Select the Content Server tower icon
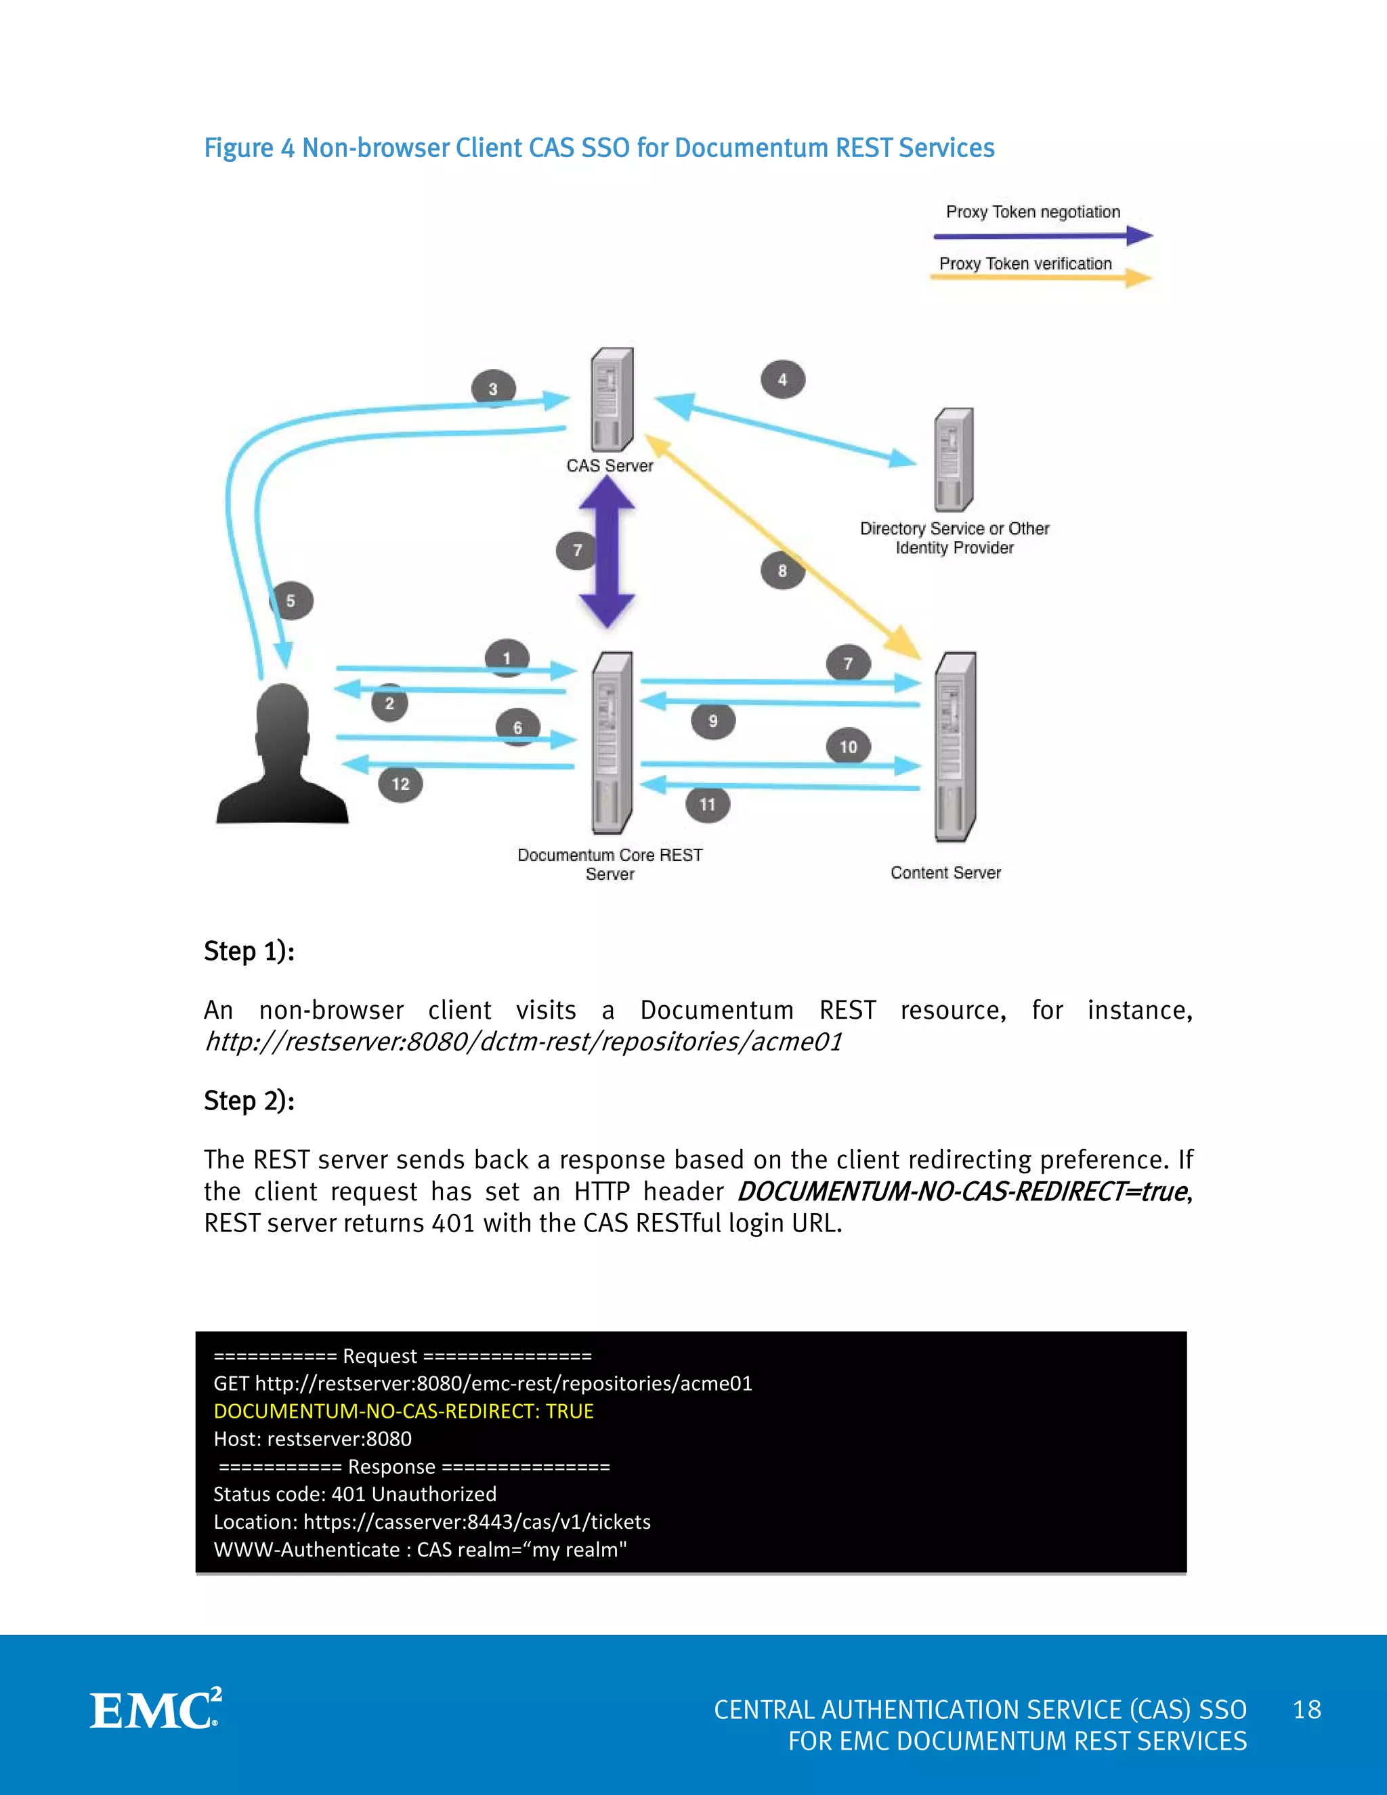pyautogui.click(x=955, y=746)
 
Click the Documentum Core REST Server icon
pyautogui.click(x=612, y=742)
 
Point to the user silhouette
pyautogui.click(x=282, y=755)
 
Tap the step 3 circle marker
pyautogui.click(x=493, y=389)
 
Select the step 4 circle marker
pyautogui.click(x=782, y=380)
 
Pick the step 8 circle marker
pyautogui.click(x=782, y=570)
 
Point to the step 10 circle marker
pyautogui.click(x=848, y=747)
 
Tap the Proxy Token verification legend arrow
pyautogui.click(x=1040, y=278)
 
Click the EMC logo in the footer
pyautogui.click(x=155, y=1710)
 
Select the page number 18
pyautogui.click(x=1306, y=1710)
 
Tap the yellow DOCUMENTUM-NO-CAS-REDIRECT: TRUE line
pyautogui.click(x=404, y=1410)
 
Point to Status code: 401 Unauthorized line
pyautogui.click(x=355, y=1494)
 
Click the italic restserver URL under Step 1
pyautogui.click(x=524, y=1041)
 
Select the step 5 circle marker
pyautogui.click(x=291, y=601)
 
